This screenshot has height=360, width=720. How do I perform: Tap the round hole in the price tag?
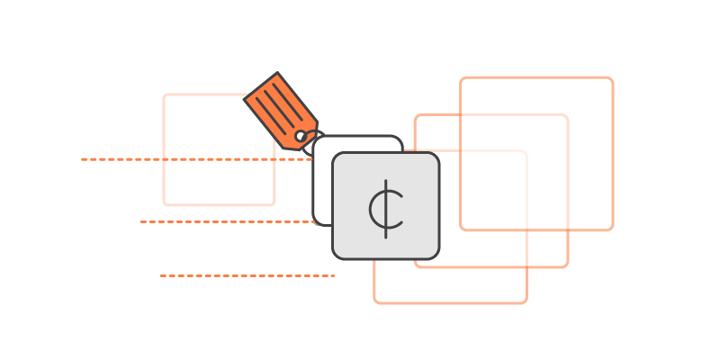coord(301,136)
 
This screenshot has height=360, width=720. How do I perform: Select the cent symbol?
coord(386,208)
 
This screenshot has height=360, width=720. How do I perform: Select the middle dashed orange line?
coord(225,221)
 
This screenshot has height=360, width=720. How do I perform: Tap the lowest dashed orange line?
coord(247,275)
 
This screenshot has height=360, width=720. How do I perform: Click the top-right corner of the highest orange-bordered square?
coord(612,78)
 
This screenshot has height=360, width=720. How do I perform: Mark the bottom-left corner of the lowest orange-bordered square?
coord(375,302)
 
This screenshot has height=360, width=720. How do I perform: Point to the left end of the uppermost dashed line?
coord(82,159)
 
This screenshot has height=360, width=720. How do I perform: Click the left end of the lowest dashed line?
coord(160,275)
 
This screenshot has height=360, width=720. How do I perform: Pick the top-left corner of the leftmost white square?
coord(165,95)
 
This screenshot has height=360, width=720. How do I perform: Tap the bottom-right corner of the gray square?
coord(437,257)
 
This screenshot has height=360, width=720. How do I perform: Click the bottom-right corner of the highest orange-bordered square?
coord(612,229)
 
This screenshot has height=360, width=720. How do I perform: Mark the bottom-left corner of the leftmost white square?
coord(165,203)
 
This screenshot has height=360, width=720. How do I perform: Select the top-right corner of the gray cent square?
coord(437,155)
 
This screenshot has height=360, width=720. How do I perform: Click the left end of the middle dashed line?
coord(141,221)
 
